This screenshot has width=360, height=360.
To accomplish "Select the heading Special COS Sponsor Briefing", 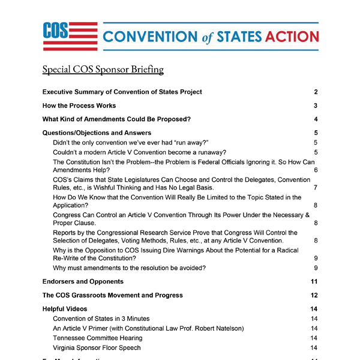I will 103,70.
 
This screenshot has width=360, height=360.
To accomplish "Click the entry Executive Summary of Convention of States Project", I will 122,92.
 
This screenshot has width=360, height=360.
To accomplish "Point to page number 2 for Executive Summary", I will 315,92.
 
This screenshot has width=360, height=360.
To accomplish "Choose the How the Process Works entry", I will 79,106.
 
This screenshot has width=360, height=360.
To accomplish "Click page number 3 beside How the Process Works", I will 315,106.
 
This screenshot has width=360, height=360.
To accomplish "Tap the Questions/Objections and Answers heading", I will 97,133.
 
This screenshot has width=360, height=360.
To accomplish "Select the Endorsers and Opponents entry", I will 83,281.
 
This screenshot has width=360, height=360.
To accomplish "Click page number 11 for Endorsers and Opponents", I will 314,281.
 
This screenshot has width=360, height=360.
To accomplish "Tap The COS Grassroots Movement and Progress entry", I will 112,295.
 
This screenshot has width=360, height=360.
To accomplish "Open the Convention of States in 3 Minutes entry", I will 101,319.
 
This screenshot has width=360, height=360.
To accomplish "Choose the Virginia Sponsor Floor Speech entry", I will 97,348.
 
